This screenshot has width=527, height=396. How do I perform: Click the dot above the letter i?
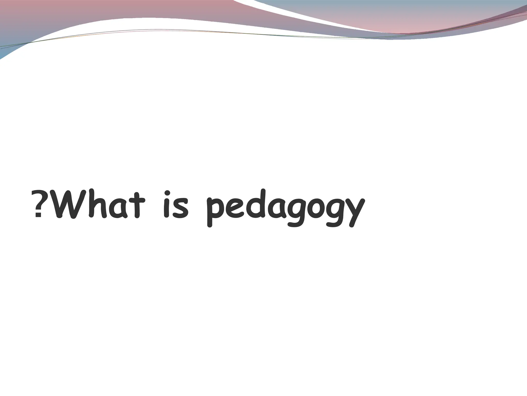167,193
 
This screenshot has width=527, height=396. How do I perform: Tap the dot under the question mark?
38,216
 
